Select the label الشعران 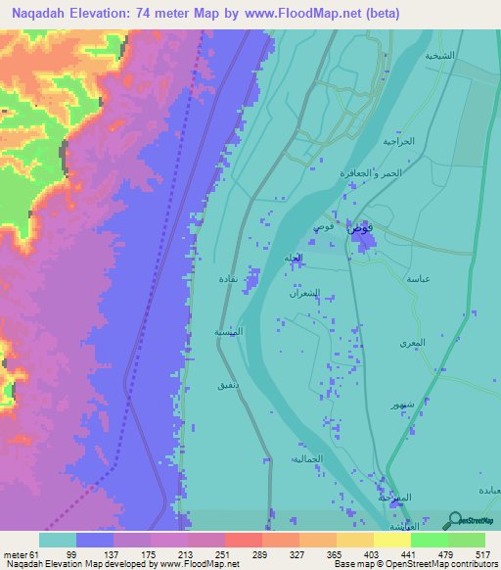(303, 293)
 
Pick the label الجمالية (306, 457)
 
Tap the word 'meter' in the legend (15, 553)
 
